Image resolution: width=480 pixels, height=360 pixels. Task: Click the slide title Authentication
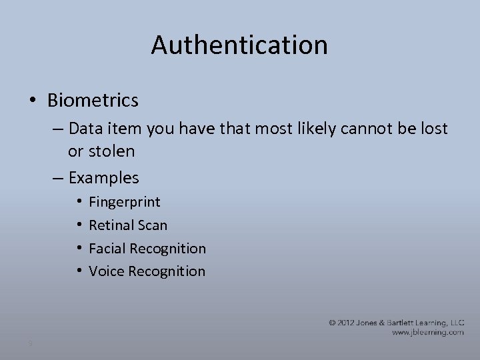point(239,45)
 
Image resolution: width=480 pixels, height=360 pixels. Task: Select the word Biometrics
point(93,100)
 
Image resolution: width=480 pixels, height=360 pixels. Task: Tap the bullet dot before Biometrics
point(33,101)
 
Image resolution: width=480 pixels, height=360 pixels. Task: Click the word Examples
point(103,178)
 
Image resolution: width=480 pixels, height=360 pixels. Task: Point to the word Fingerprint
point(124,202)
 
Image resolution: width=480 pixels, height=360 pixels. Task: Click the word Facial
point(107,249)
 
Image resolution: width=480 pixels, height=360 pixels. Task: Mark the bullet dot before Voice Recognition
point(79,271)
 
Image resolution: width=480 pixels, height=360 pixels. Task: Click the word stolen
point(111,151)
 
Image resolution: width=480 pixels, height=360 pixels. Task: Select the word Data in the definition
point(83,128)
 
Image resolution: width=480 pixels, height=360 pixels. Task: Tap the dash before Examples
point(57,178)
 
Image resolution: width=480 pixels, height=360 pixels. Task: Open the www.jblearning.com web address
point(427,332)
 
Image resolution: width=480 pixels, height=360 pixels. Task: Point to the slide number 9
point(30,343)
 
